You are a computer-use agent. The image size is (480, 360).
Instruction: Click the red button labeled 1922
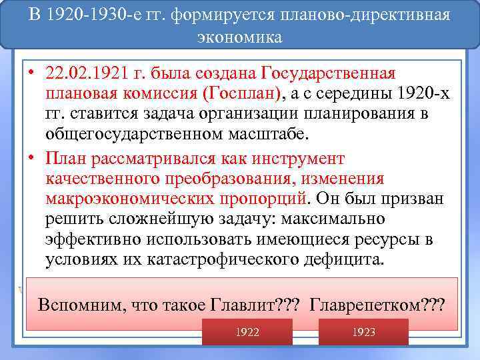pyautogui.click(x=247, y=331)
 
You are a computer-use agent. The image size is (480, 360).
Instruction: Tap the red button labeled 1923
pyautogui.click(x=363, y=331)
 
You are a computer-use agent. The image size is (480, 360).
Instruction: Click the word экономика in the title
pyautogui.click(x=239, y=37)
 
